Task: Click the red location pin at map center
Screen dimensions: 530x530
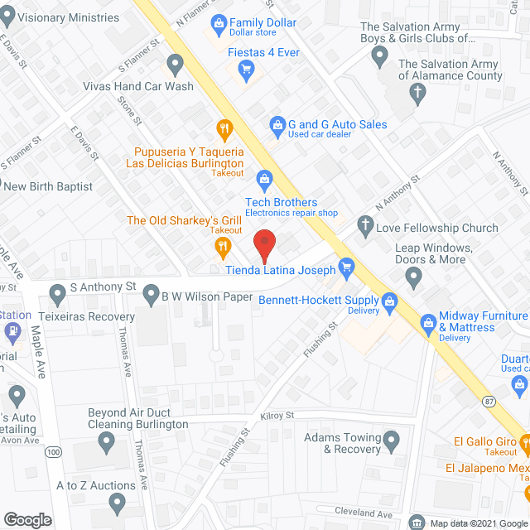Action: (263, 245)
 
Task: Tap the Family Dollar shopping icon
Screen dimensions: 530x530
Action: (218, 22)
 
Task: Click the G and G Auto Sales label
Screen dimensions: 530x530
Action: (337, 124)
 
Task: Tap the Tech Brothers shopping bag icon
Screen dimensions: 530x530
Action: (264, 177)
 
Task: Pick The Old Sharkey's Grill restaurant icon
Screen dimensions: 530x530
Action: (222, 245)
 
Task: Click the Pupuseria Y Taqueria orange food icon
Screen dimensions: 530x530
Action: (224, 128)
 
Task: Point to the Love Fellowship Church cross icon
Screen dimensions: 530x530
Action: (364, 224)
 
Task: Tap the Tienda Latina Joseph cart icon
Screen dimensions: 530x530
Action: (346, 267)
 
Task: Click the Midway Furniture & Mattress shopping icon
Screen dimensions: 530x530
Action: (428, 321)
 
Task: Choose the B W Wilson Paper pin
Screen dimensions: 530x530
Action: (151, 293)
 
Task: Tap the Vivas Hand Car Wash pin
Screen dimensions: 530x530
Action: (175, 64)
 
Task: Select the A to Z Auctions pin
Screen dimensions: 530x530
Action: (117, 502)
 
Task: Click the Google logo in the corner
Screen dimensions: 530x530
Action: (26, 519)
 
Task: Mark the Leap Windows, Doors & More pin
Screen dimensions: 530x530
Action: (414, 275)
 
